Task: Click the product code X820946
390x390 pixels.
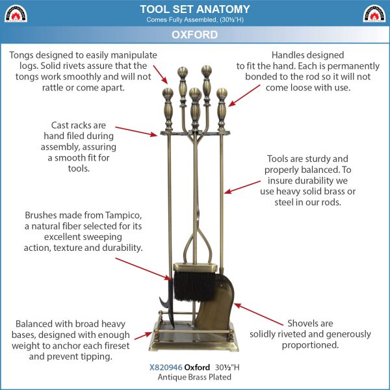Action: pyautogui.click(x=166, y=367)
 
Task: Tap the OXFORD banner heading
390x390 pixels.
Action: pyautogui.click(x=194, y=34)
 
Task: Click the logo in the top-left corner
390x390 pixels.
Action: pyautogui.click(x=16, y=14)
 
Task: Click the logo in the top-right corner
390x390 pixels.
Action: pyautogui.click(x=374, y=14)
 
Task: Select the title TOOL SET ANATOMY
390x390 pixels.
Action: pyautogui.click(x=195, y=9)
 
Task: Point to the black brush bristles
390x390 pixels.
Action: pyautogui.click(x=194, y=286)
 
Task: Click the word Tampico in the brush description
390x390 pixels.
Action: pyautogui.click(x=123, y=215)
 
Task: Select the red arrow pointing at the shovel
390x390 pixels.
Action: pyautogui.click(x=259, y=314)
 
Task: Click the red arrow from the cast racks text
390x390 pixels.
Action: pyautogui.click(x=136, y=131)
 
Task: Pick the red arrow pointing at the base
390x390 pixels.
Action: pyautogui.click(x=143, y=336)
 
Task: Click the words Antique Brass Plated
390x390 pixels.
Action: pyautogui.click(x=194, y=377)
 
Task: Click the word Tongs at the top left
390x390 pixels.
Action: pyautogui.click(x=21, y=55)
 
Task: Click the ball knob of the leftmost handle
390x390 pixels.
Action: pyautogui.click(x=168, y=93)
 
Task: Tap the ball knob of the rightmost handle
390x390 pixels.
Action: pyautogui.click(x=222, y=93)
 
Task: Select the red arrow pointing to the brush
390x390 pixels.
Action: pyautogui.click(x=143, y=269)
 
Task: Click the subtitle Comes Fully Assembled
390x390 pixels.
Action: pyautogui.click(x=195, y=19)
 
